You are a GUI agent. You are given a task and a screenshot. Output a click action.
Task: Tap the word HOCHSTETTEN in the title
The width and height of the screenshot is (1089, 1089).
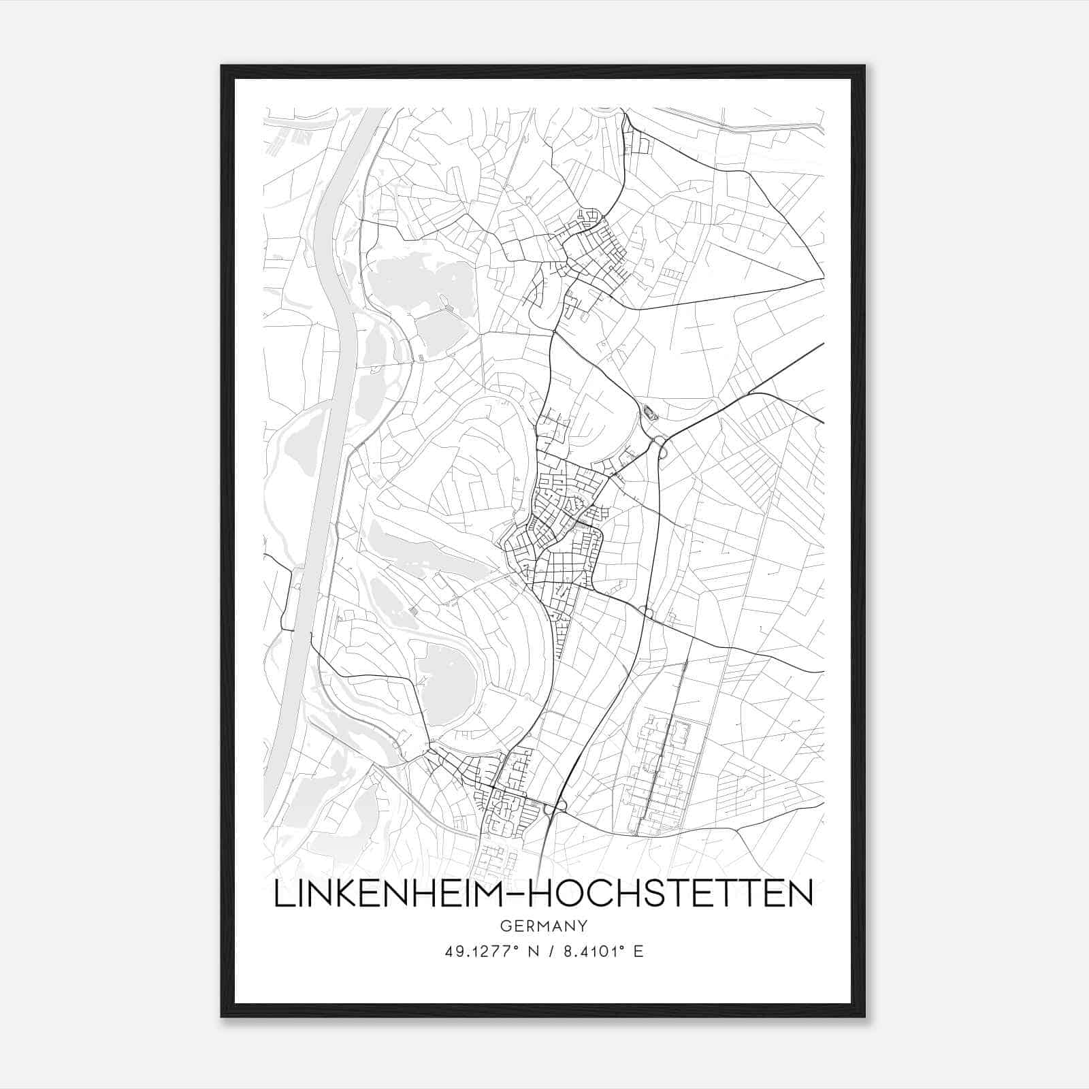(x=671, y=894)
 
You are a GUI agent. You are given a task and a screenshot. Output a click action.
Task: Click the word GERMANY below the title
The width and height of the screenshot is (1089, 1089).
(x=543, y=926)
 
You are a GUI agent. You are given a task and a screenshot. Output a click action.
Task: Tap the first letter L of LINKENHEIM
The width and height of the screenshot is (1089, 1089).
(x=280, y=894)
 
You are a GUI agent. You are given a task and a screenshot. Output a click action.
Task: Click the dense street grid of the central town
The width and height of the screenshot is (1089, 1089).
(x=558, y=524)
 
